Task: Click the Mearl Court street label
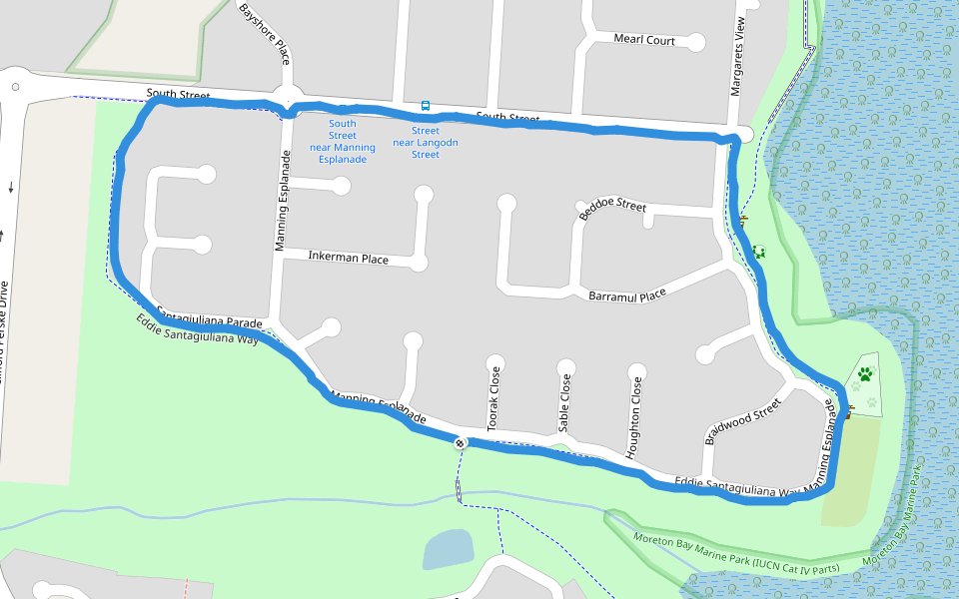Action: (x=644, y=41)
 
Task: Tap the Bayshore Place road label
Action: (x=264, y=33)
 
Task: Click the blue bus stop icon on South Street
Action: (x=426, y=106)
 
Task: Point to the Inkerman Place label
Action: (x=348, y=259)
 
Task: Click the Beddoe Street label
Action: (x=612, y=206)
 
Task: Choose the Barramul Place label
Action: (x=626, y=297)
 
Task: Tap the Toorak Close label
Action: (x=493, y=398)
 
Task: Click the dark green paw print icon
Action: (x=865, y=374)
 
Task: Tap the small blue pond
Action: (x=448, y=549)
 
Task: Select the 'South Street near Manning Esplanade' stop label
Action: (x=342, y=141)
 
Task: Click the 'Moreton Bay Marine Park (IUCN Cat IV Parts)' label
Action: (x=736, y=553)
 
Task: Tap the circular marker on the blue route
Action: (x=460, y=442)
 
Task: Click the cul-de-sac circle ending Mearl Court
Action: (x=696, y=42)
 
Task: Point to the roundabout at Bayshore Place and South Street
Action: (x=288, y=98)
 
